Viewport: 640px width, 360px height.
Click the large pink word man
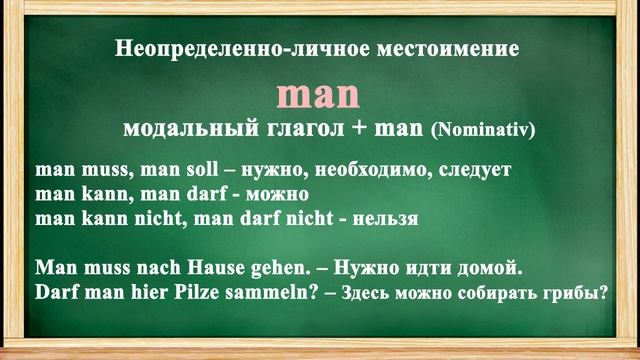coord(317,95)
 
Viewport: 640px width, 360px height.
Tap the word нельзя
coord(388,216)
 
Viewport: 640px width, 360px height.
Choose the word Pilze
coord(195,294)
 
